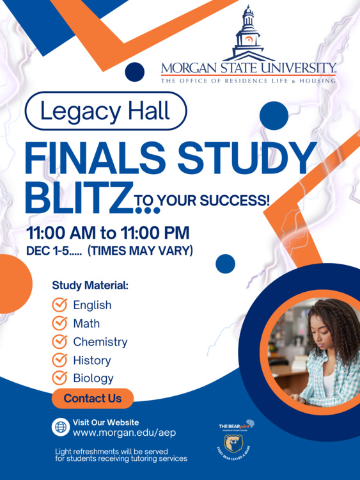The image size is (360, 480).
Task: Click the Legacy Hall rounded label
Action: [106, 112]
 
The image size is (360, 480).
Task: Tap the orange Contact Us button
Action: [93, 398]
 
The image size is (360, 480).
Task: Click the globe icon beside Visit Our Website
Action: [61, 427]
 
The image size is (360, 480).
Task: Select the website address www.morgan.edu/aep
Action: [124, 433]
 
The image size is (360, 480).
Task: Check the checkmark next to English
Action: [59, 305]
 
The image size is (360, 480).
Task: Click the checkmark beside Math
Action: [59, 323]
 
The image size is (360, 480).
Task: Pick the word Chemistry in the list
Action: [100, 342]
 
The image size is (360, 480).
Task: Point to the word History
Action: [91, 360]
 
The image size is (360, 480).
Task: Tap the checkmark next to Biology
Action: [59, 378]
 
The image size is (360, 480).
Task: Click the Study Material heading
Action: [90, 285]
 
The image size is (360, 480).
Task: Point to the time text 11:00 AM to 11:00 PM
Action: [107, 232]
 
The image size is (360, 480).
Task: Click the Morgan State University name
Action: [248, 67]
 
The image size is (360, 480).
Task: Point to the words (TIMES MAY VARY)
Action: [140, 251]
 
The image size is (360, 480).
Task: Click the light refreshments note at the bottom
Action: [121, 455]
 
